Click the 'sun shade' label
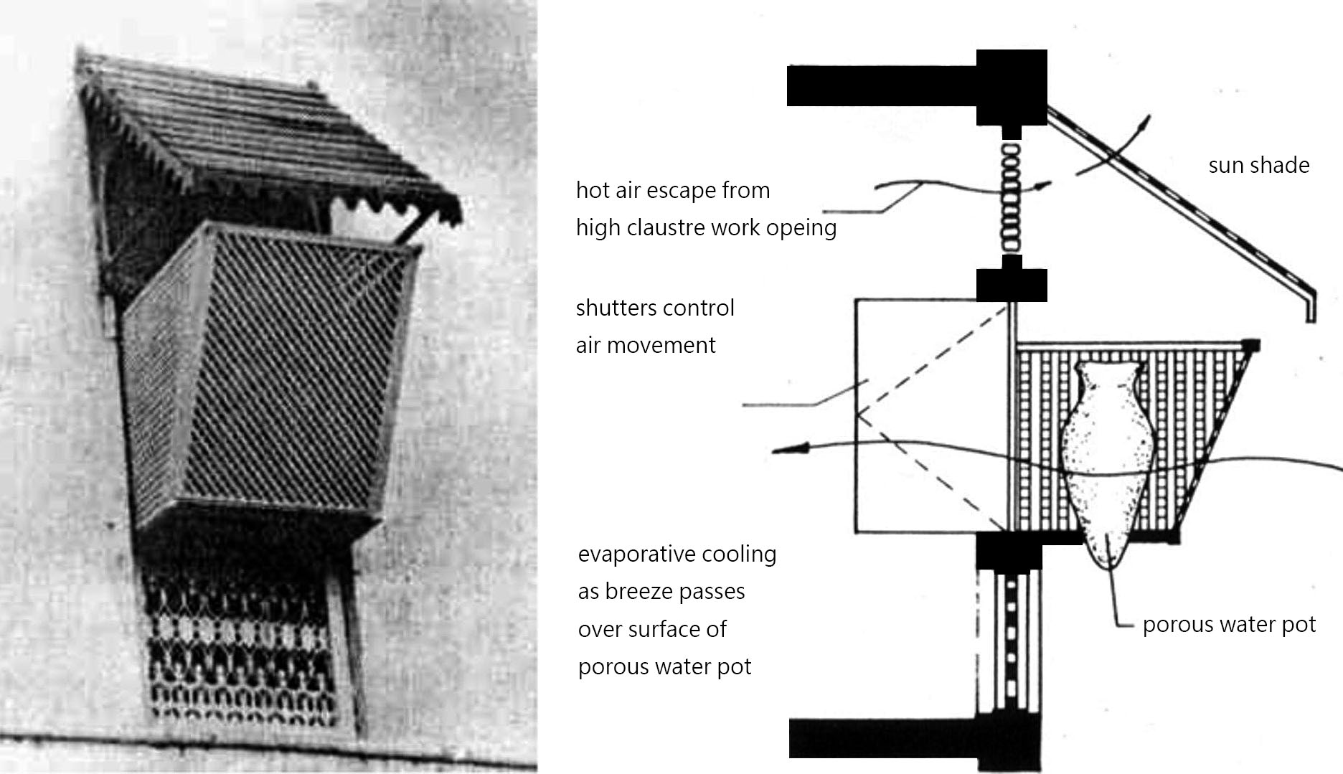[x=1258, y=166]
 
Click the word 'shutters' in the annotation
[x=616, y=308]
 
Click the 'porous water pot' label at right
[x=1229, y=625]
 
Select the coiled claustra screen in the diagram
[x=1012, y=194]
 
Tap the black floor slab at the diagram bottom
[x=882, y=737]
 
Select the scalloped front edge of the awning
[x=402, y=201]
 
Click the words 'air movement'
[x=646, y=346]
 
